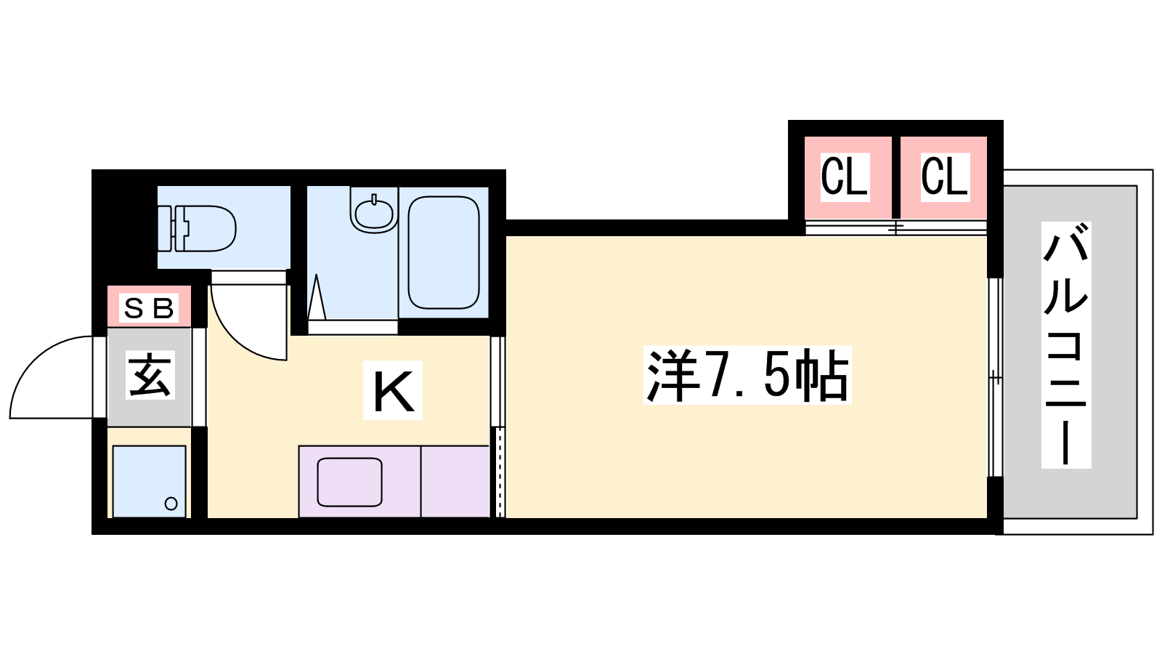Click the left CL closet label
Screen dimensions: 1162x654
coord(844,177)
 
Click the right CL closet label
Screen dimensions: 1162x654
coord(944,177)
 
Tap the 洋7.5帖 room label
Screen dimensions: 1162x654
coord(747,375)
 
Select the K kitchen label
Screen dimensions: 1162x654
coord(393,390)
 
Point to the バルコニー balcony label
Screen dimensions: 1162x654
coord(1067,345)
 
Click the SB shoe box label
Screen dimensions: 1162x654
coord(149,308)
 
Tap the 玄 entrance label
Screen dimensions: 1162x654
coord(150,375)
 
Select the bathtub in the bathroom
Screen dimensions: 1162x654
coord(444,252)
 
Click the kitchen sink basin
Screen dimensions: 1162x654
coord(349,483)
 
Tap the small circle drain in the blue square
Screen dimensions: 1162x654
coord(171,504)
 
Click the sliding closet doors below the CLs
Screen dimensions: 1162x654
coord(896,227)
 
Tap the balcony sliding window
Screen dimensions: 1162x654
coord(994,377)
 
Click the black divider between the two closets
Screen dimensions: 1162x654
coord(896,177)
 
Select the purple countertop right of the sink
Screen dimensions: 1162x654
coord(455,481)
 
